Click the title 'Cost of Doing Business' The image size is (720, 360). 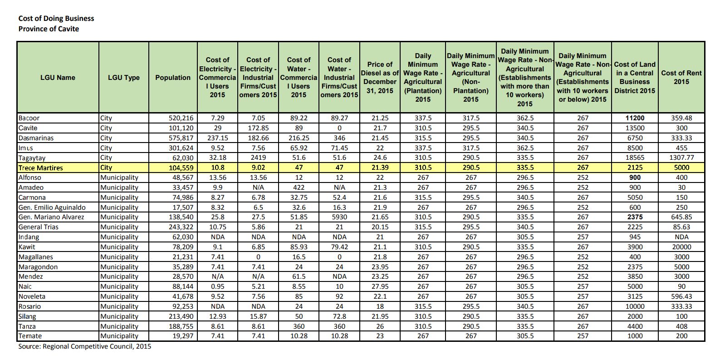click(x=56, y=19)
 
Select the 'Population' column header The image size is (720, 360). click(x=173, y=78)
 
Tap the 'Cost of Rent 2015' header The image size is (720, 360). click(x=681, y=78)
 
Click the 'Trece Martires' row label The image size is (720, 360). click(x=40, y=168)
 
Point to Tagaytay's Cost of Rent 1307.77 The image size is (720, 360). click(x=681, y=158)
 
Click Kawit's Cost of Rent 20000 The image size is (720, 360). click(x=681, y=247)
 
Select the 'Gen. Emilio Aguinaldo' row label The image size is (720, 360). click(x=52, y=207)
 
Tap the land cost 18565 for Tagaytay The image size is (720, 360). click(x=635, y=158)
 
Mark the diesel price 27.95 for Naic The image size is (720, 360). click(x=380, y=286)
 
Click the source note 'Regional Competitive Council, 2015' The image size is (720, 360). click(x=85, y=346)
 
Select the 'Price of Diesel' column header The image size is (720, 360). click(x=380, y=78)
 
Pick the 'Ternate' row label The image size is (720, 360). click(x=30, y=336)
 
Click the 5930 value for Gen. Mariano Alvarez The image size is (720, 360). click(x=339, y=217)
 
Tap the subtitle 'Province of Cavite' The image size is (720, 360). click(x=49, y=29)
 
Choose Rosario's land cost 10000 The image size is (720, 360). click(x=635, y=306)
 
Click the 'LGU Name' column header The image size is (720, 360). click(x=58, y=78)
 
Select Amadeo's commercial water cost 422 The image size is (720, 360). click(x=299, y=187)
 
